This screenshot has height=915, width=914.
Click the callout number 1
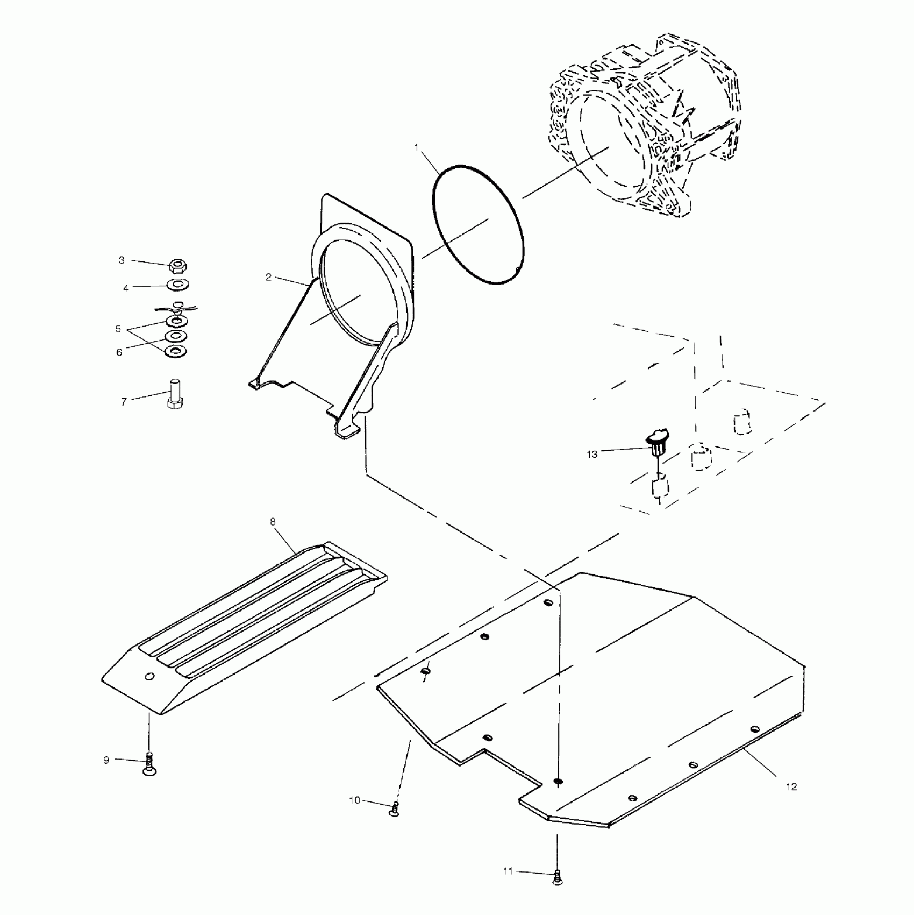coord(416,147)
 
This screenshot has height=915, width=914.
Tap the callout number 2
coord(268,278)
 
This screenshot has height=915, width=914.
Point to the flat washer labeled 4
coord(177,283)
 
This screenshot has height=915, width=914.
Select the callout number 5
coord(118,329)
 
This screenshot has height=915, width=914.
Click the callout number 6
coord(119,352)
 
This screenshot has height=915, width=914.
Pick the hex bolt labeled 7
coord(174,394)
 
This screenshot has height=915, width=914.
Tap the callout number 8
coord(273,522)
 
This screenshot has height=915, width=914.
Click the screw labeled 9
coord(149,766)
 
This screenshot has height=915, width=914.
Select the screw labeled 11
coord(558,877)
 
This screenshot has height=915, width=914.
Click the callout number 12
coord(791,786)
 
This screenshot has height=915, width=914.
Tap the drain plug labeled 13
coord(657,441)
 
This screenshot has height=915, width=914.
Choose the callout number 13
coord(592,455)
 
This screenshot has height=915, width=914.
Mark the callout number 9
coord(106,760)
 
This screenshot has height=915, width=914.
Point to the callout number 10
coord(355,800)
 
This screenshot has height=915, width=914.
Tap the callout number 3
coord(122,260)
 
